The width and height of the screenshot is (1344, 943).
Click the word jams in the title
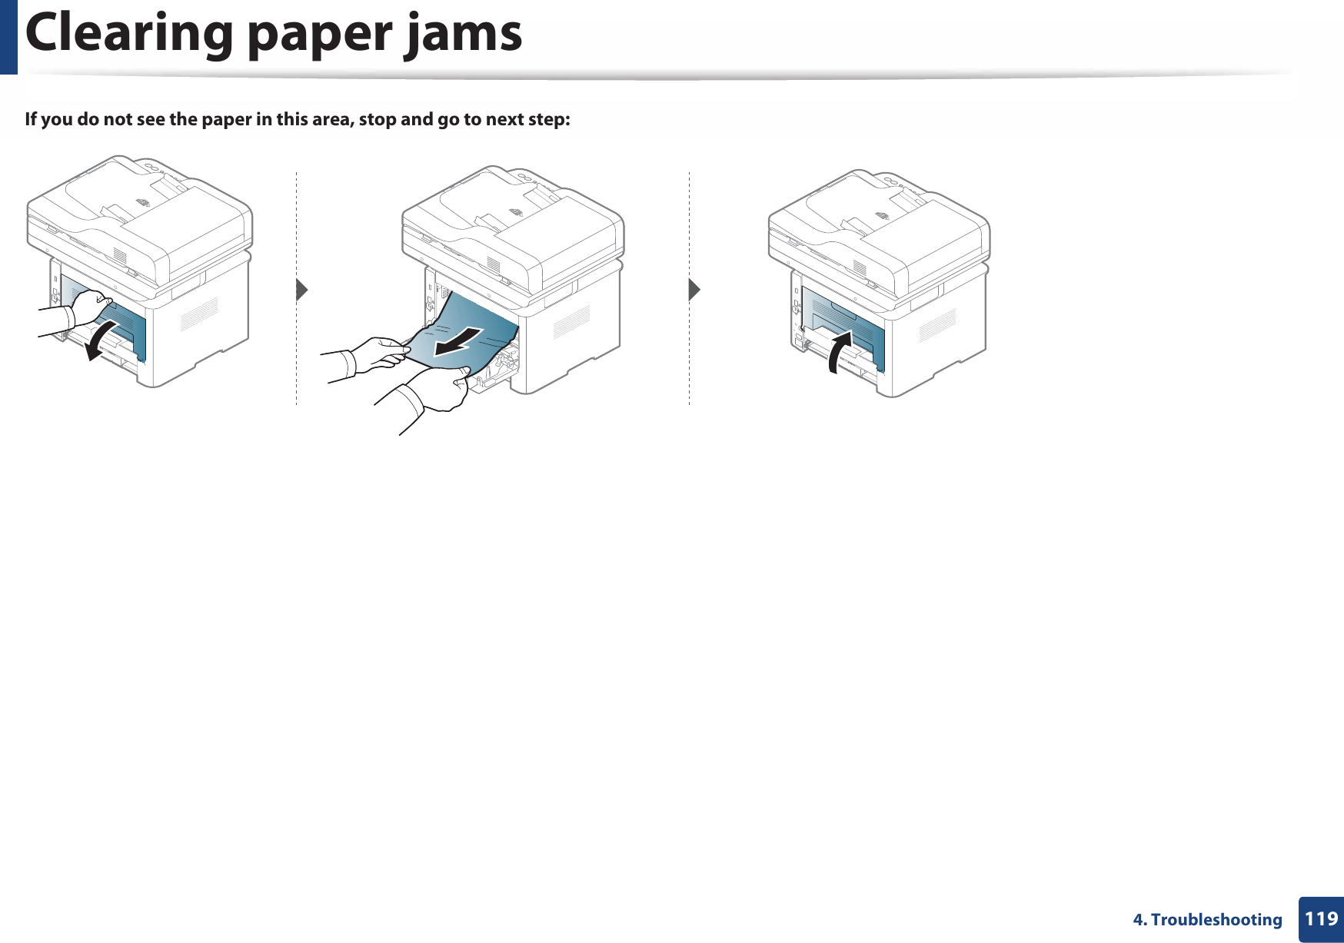coord(464,35)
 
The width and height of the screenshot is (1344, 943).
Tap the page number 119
coord(1321,918)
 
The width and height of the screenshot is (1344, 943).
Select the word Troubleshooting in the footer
coord(1216,919)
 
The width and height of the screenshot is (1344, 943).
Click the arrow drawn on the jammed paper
coord(458,342)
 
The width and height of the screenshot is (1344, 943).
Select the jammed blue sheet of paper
coord(469,327)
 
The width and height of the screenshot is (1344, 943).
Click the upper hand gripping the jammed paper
coord(377,354)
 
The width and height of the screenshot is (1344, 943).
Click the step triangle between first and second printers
coord(301,290)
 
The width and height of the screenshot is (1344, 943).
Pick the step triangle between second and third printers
coord(694,290)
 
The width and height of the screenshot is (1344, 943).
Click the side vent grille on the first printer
coord(199,314)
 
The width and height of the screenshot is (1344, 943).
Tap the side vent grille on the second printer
coord(571,320)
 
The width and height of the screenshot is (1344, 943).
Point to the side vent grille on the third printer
coord(937,324)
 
